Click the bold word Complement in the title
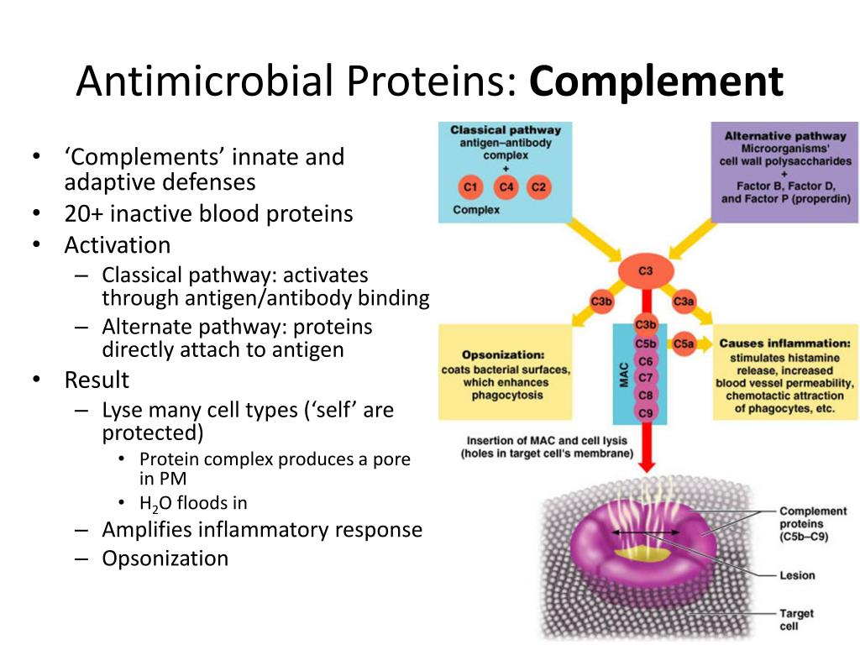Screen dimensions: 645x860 657,81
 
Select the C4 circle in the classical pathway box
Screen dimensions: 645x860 506,186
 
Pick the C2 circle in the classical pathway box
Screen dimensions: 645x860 539,186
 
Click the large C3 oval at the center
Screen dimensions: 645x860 645,271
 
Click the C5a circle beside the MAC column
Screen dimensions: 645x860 684,343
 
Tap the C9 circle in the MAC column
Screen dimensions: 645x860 645,412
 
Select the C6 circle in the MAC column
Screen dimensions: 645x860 645,360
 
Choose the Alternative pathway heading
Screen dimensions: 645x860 785,136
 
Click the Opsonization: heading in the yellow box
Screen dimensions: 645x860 503,354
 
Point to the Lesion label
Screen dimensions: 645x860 797,575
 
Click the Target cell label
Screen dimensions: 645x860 795,620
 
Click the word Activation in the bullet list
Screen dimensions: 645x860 118,245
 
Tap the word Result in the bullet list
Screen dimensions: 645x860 97,380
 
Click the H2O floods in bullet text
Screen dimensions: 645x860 193,503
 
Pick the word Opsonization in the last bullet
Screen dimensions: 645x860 165,558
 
